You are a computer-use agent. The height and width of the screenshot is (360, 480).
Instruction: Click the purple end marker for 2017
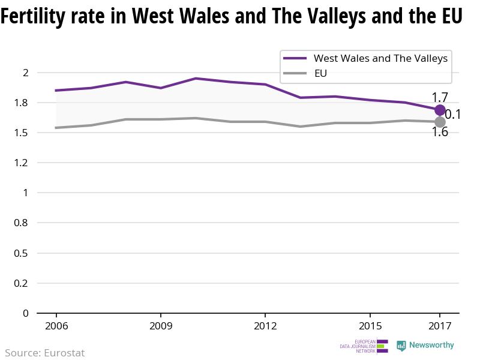(x=440, y=110)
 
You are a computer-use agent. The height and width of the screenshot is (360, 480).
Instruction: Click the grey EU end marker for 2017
(x=440, y=122)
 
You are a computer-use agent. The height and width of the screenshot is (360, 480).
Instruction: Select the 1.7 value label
(x=440, y=97)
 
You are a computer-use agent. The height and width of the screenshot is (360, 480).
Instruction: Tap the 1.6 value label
(x=440, y=132)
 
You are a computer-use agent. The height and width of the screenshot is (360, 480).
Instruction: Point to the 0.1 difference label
(x=452, y=114)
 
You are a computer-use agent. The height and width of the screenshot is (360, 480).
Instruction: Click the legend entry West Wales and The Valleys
(x=380, y=58)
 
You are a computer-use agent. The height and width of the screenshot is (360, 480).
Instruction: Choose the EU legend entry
(x=320, y=74)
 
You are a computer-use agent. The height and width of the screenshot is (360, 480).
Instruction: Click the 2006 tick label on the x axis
(x=56, y=326)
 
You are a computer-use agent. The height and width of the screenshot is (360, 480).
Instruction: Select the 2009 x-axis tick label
(x=161, y=326)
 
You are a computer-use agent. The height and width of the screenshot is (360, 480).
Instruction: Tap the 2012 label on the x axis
(x=265, y=326)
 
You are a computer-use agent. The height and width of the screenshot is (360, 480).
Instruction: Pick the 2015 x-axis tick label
(x=370, y=326)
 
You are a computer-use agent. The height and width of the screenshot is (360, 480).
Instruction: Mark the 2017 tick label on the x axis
(x=440, y=326)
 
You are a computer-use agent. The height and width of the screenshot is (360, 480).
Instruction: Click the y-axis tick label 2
(x=25, y=73)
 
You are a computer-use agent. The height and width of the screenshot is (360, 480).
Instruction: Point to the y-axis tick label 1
(x=25, y=193)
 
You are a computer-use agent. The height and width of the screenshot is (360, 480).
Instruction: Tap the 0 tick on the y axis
(x=25, y=313)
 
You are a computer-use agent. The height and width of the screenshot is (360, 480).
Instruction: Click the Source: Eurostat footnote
(x=45, y=353)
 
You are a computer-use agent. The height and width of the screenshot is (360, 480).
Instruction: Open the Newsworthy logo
(x=425, y=346)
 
